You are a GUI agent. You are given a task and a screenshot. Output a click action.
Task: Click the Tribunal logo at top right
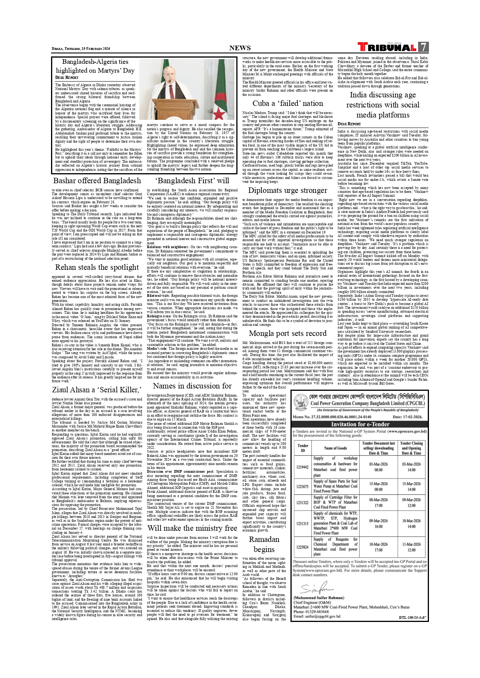(x=387, y=47)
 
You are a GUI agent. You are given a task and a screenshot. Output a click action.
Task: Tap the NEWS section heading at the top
(x=240, y=48)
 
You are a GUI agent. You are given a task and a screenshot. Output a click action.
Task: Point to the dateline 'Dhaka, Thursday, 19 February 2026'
(x=81, y=49)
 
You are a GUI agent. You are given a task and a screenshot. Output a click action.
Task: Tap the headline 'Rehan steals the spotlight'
(x=97, y=267)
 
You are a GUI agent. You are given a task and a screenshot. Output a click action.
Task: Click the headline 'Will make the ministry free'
(x=192, y=528)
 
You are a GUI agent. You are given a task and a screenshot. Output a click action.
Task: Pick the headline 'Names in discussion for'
(x=192, y=386)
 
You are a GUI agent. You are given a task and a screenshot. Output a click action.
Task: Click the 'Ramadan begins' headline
(x=264, y=544)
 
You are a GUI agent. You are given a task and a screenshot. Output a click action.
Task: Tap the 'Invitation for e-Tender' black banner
(x=360, y=424)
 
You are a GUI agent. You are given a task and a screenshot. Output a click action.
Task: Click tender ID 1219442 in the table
(x=302, y=467)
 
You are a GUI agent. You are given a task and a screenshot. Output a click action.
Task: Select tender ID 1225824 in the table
(x=302, y=547)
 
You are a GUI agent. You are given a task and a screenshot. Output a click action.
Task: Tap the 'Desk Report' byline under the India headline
(x=349, y=124)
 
